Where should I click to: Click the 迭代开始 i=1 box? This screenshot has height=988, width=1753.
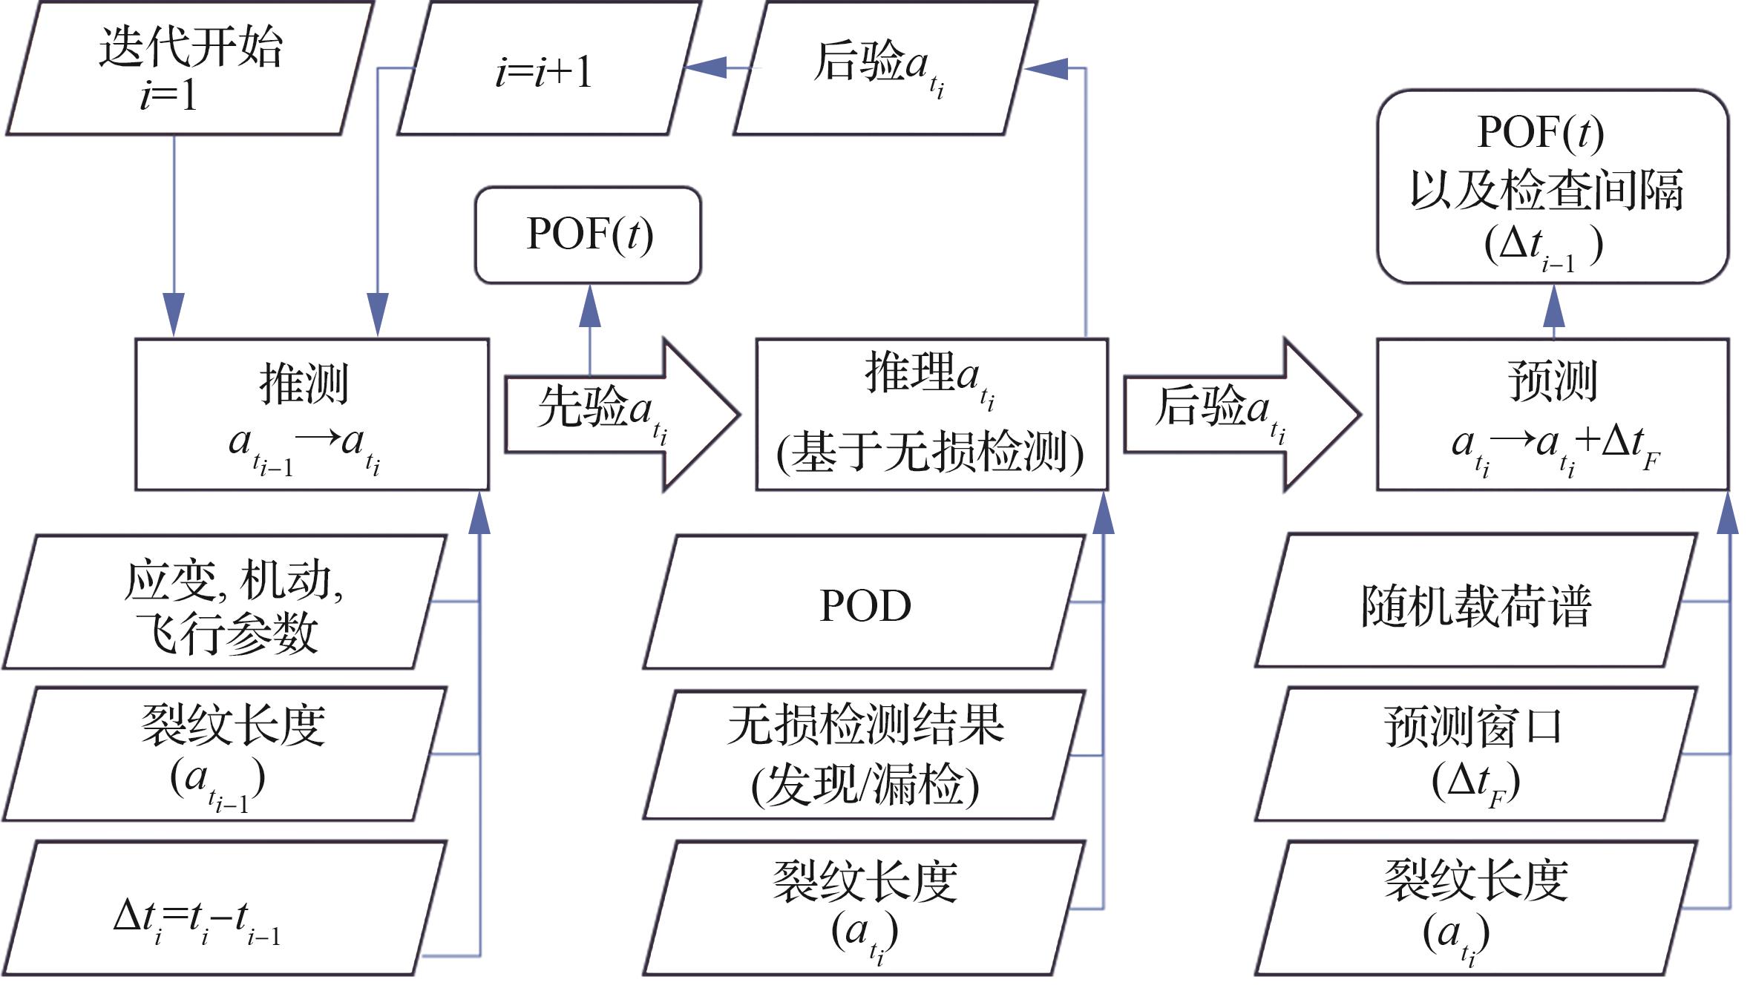pos(189,68)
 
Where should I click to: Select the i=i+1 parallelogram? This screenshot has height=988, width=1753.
pos(548,68)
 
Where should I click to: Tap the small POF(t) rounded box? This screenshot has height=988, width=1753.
pos(588,234)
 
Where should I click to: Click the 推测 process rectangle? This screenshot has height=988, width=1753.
pos(312,414)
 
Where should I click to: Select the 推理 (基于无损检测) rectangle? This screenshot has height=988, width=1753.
pos(931,414)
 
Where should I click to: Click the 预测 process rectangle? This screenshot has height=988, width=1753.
pos(1553,414)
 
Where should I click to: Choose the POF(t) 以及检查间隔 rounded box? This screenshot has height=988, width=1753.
pos(1553,187)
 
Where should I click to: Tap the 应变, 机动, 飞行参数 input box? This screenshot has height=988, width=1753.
pos(225,602)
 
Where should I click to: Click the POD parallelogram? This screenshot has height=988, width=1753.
pos(865,602)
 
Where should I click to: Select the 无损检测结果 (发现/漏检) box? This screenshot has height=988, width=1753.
pos(865,755)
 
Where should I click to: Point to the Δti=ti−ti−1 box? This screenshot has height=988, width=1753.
pos(225,909)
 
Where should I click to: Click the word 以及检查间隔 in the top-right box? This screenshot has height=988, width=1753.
pos(1547,189)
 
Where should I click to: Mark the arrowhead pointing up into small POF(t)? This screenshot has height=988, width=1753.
pos(590,306)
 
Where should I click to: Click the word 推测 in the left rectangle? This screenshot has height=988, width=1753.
pos(304,383)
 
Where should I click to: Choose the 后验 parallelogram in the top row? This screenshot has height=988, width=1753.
pos(883,68)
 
